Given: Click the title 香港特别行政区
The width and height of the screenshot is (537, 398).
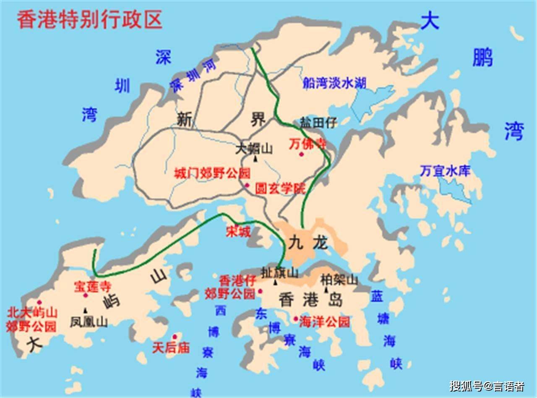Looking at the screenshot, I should coord(89,20).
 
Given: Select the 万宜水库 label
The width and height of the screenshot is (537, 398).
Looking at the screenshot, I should coord(446,171).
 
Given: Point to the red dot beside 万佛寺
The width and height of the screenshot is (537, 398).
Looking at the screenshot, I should coord(301,154).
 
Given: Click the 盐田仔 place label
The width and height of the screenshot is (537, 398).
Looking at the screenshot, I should coord(319,123).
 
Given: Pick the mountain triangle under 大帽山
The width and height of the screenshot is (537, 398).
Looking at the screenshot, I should coord(255,158).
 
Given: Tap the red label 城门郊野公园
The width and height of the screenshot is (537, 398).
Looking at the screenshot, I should coord(212,173).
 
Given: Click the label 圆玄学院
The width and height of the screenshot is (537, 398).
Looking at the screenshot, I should coord(280,189).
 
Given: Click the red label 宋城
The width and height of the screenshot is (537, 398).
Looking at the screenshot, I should coord(238,231).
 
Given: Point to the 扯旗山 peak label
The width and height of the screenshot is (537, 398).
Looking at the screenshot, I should coord(279,272).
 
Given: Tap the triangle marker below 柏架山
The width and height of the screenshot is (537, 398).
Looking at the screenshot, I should coord(326,290).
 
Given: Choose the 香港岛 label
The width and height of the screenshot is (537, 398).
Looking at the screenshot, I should coord(310,300).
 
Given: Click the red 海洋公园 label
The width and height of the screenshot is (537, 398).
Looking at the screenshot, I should coord(324,322).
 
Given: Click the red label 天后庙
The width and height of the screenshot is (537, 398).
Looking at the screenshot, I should coord(171,348).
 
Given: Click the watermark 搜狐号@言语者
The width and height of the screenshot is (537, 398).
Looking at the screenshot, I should coord(487,385).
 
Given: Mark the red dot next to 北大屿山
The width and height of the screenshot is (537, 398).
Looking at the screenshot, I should coord(39,302).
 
